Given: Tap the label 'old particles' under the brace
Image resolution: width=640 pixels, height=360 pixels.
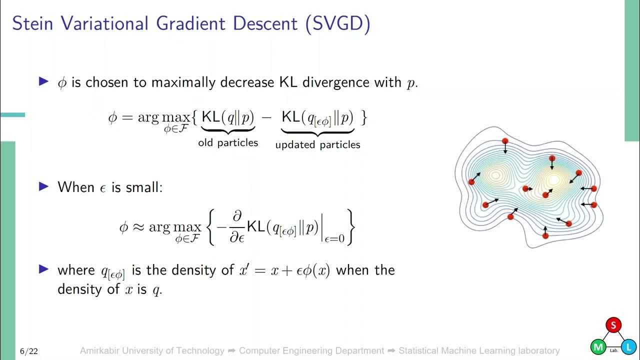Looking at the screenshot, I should coord(228,143).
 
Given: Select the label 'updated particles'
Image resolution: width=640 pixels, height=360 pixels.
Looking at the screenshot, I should coord(317,145).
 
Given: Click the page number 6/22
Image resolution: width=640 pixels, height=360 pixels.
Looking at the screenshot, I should coord(28,351).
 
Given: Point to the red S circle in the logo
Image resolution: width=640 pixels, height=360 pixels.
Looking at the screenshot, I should coord(613,325).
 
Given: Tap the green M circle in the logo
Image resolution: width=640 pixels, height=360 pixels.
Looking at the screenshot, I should coord(597,346).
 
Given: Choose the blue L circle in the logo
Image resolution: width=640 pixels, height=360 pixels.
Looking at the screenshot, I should coord(629,346).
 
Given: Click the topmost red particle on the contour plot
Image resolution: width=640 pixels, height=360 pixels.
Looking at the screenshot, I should coord(505,141).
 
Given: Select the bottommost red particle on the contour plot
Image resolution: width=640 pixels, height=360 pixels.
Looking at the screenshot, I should coord(545,235).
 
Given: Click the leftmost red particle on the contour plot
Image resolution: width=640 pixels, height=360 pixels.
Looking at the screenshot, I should coord(471,182).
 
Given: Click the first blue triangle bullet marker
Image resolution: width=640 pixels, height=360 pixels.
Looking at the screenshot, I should coord(44,81).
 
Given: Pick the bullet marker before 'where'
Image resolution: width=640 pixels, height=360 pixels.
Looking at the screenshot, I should coord(44,269).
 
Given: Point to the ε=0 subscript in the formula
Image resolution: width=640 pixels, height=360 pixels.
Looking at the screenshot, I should coord(334,239).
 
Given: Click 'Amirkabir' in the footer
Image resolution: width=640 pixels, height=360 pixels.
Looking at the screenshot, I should coord(102,351).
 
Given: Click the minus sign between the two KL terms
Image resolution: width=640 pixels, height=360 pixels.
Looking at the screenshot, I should coord(267,118).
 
